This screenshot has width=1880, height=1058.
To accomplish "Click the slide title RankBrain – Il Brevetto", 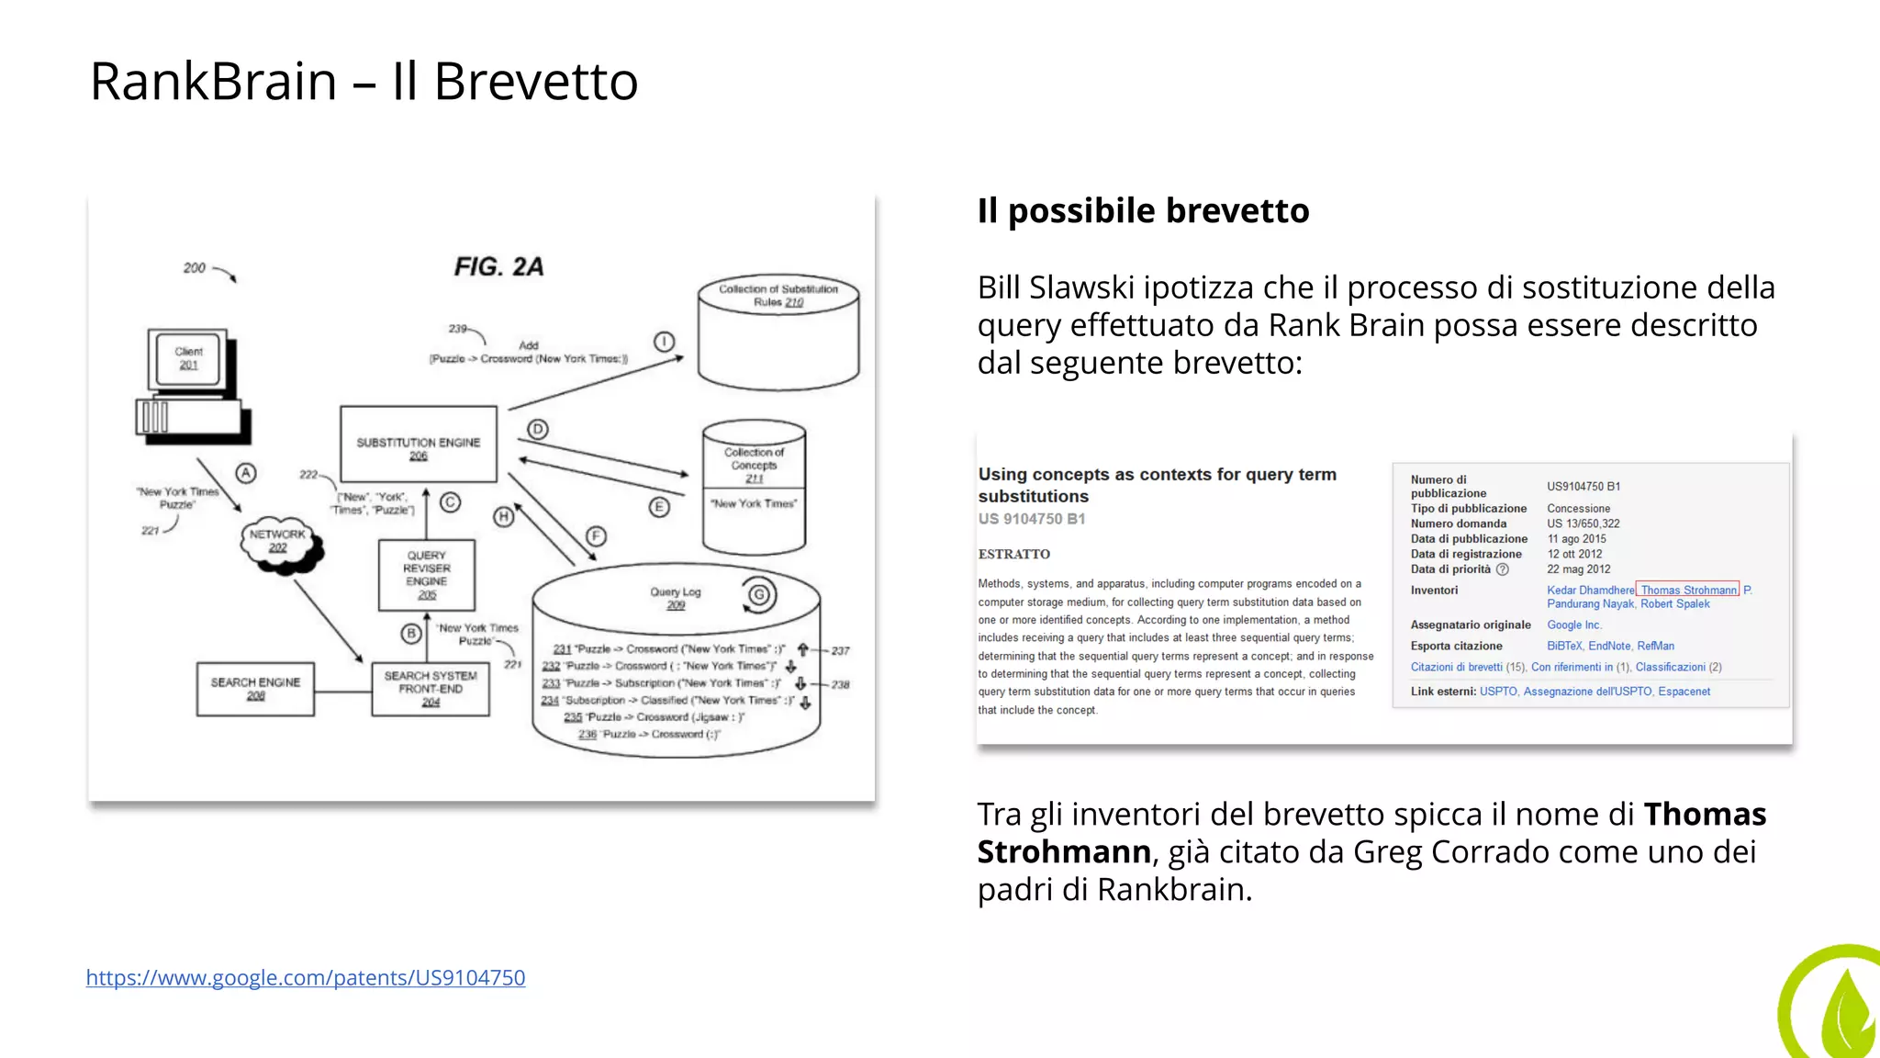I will pos(364,81).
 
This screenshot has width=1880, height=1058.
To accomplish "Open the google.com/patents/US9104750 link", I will pos(306,977).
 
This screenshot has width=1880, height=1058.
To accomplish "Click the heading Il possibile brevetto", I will pos(1143,210).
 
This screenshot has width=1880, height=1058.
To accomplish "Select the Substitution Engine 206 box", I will pos(419,445).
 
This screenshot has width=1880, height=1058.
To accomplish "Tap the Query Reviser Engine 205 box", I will pos(427,575).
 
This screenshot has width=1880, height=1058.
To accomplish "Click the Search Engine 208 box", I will pos(255,689).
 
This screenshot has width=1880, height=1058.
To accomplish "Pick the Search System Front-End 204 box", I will pos(431,689).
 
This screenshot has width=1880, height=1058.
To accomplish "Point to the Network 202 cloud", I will pos(279,541).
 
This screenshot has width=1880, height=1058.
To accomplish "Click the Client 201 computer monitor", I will pos(189,359).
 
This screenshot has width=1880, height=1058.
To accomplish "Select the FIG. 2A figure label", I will pos(498,266).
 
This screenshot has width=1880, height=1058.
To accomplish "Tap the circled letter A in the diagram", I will pos(245,473).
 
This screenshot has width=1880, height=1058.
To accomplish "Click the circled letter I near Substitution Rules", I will pos(664,342).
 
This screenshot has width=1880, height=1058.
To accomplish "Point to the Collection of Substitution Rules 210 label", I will pos(778,295).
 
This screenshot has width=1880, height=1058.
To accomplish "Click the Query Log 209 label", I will pos(676,598).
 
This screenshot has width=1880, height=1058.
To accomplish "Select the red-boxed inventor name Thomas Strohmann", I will pos(1688,590).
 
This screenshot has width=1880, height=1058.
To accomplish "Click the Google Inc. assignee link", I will pos(1574,625).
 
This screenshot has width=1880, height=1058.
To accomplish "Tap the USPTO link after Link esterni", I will pos(1498,692).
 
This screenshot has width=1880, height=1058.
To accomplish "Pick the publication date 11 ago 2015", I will pos(1577,539).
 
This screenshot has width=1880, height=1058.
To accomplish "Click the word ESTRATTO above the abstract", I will pos(1014,554).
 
